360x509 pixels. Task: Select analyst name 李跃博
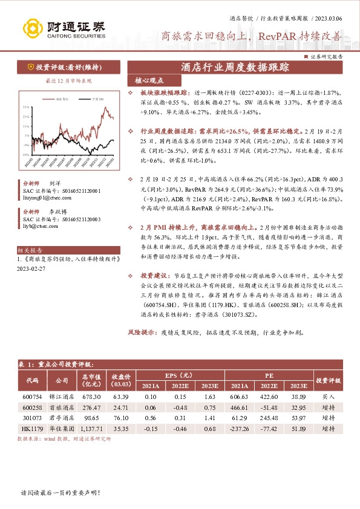pos(57,212)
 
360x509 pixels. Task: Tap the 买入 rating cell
pos(329,397)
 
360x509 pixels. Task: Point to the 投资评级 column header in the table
pos(329,380)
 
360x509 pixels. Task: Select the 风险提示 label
pos(142,332)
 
